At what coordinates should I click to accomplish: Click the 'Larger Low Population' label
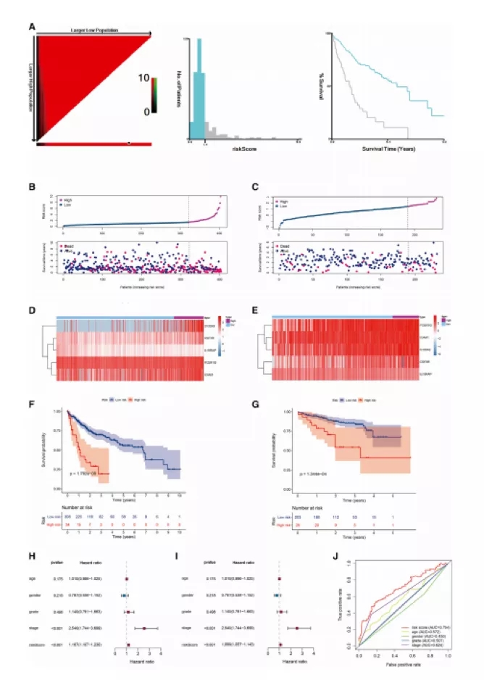tap(93, 30)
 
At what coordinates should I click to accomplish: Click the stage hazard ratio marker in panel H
tap(145, 628)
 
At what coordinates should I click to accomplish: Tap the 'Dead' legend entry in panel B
tap(71, 247)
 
